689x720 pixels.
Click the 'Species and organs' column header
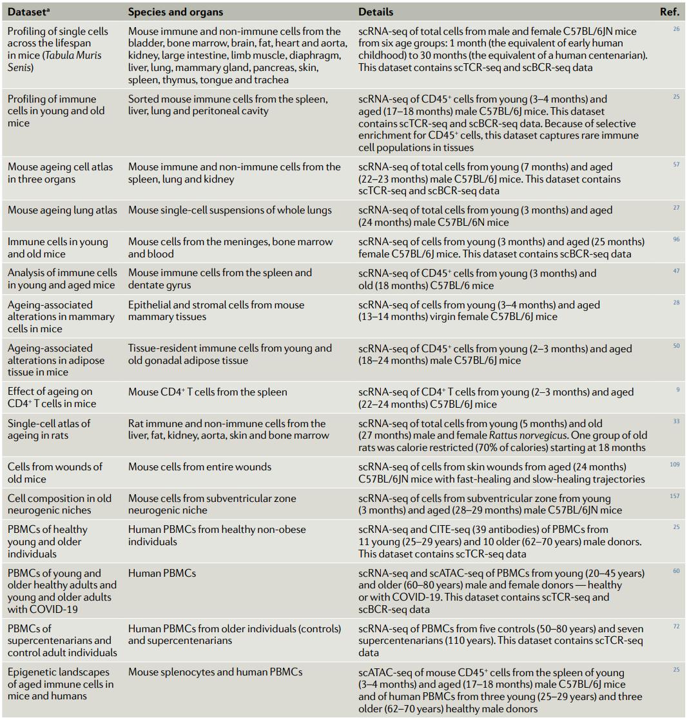(x=175, y=12)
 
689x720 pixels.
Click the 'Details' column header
(x=376, y=12)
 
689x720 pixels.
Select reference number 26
(x=675, y=29)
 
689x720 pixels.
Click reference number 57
(x=675, y=165)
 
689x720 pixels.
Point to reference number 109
(x=674, y=465)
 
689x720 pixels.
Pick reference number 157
(x=674, y=496)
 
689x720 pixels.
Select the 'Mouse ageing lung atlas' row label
(x=63, y=210)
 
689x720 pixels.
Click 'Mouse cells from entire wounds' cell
(x=200, y=466)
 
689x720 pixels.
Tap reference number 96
(x=675, y=240)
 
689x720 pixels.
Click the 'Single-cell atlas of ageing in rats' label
(x=50, y=429)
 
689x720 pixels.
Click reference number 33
(x=675, y=421)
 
